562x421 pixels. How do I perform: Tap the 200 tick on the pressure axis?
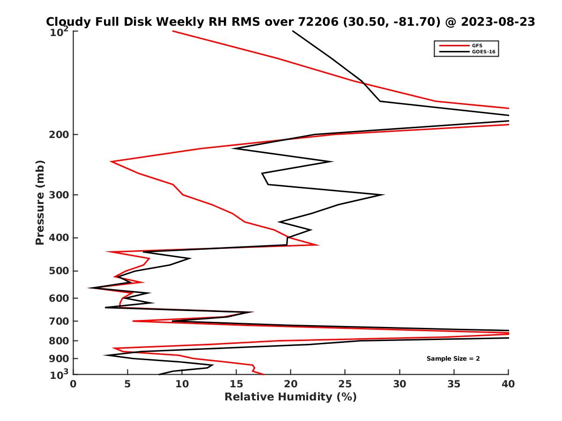59,135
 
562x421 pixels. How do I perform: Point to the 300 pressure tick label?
59,195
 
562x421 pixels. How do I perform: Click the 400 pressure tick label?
59,238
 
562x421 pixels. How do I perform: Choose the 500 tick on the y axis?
59,271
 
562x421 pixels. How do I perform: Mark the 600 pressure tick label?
59,298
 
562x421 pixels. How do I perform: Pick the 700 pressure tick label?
59,321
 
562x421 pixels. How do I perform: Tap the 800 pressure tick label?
59,341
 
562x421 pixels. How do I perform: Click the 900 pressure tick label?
59,359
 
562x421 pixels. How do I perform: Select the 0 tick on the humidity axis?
74,384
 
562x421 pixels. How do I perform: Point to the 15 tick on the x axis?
237,384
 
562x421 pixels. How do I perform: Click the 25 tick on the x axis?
345,384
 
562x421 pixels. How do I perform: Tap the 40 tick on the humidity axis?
508,384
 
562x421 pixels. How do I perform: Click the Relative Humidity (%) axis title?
290,397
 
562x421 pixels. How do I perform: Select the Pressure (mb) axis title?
40,202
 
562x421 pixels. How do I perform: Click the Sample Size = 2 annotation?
453,359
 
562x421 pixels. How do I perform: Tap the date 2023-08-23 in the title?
497,22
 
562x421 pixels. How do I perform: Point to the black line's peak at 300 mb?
384,195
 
